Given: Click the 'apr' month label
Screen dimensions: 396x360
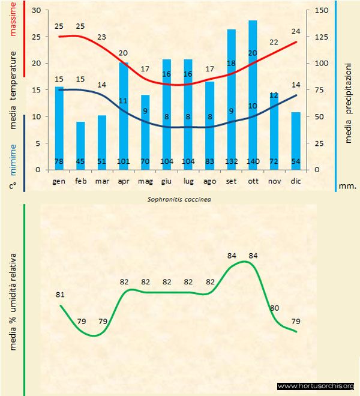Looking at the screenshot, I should [124, 181].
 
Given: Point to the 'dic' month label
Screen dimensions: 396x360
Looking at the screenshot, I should [295, 181].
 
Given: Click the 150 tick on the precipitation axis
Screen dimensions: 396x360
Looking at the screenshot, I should [322, 10].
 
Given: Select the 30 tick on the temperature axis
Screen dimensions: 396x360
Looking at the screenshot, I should [35, 10].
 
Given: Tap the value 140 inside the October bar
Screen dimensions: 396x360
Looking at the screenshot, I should [253, 162].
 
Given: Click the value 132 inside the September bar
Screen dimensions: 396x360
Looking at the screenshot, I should [231, 162].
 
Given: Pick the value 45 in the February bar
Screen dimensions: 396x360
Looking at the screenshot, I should [80, 162].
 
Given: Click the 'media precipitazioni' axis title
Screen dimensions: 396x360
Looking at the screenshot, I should [349, 100].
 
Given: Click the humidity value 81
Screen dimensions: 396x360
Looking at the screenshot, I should [59, 295].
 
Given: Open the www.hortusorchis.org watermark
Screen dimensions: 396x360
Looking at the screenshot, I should [316, 386].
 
